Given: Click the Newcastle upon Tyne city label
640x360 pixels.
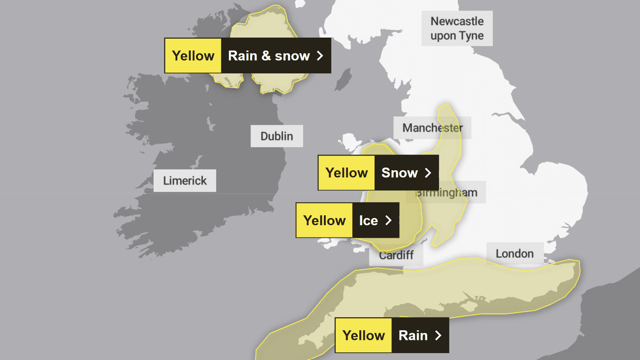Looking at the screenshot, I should point(457,28).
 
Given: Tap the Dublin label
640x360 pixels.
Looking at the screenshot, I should point(277,136).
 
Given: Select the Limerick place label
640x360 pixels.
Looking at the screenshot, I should point(185,181).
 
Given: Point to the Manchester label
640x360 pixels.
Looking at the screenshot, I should point(432,128).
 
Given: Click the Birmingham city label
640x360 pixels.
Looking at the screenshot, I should point(446,193).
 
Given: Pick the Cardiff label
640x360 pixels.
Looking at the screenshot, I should point(396,256).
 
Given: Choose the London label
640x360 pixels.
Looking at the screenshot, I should point(515,254).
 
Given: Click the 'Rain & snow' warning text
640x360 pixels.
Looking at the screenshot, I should point(268,56).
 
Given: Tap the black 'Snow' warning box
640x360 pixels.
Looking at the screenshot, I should point(406,173).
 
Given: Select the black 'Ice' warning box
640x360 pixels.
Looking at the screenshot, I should point(375,220).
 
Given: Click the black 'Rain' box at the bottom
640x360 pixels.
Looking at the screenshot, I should point(419,335).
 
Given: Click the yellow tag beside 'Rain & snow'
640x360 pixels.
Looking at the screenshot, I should point(193,56).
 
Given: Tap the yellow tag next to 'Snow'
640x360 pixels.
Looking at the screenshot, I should point(346,173).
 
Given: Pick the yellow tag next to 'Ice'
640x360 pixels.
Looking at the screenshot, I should point(324,220).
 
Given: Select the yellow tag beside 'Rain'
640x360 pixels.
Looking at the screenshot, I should point(363,335).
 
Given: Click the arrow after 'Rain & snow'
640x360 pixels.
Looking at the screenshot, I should point(320,56).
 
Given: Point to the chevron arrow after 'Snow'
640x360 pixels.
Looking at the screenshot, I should point(428,173).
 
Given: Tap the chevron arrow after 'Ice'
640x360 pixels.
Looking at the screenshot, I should point(389,220).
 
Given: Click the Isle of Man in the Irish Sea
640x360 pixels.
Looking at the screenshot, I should point(343,80).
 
